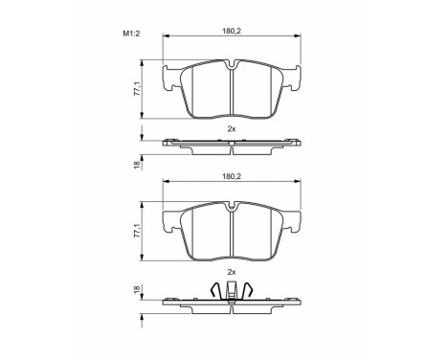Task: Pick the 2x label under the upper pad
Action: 232,127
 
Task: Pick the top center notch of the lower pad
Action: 233,206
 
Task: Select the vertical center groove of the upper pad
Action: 233,96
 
